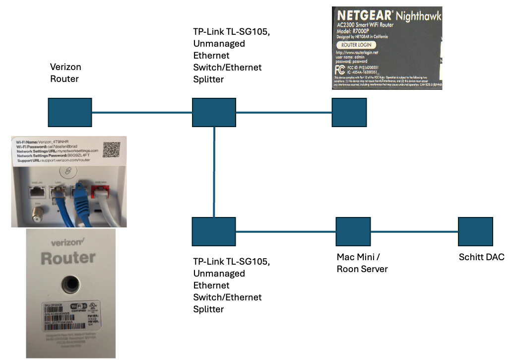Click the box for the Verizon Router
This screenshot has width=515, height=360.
69,112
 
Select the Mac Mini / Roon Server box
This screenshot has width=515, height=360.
353,232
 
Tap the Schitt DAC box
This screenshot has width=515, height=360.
475,232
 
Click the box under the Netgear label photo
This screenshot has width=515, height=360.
349,112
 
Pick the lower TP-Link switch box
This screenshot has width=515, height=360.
214,232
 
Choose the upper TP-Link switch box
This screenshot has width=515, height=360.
214,112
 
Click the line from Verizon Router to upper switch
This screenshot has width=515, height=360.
142,112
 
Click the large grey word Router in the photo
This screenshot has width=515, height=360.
68,257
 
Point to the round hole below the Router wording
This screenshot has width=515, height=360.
69,284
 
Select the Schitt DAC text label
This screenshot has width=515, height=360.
481,257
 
